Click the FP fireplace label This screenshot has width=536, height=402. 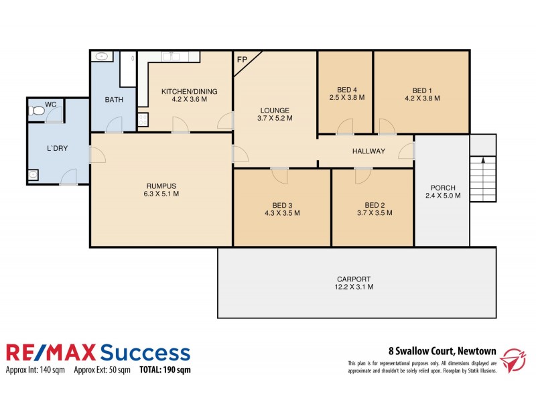coord(242,59)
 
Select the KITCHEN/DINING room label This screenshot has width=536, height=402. coord(189,91)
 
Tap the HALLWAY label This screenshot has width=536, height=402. coord(368,151)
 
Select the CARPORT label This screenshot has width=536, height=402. coord(354,279)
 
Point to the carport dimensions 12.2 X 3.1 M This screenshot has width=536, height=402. coord(354,287)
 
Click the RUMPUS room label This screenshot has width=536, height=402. coord(161,186)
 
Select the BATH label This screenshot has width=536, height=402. coord(113,100)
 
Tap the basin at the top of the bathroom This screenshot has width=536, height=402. coord(100,56)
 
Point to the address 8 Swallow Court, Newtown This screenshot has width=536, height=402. coord(442,350)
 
